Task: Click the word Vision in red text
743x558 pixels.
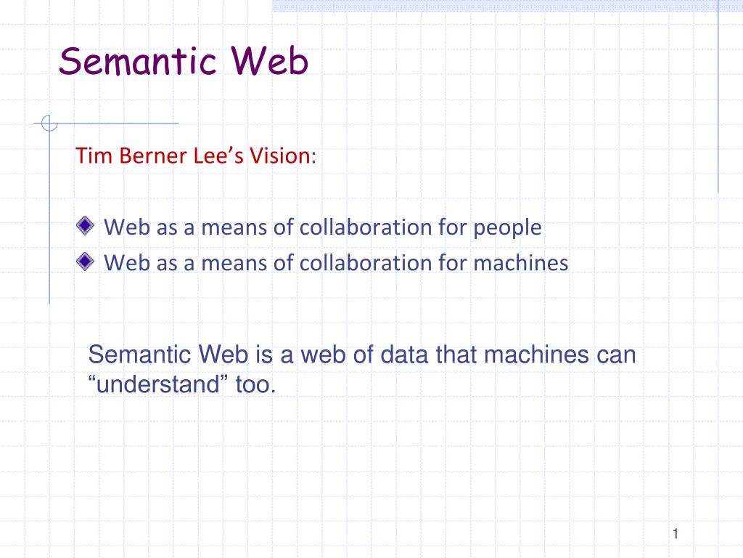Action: (280, 156)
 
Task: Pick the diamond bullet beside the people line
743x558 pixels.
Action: (86, 226)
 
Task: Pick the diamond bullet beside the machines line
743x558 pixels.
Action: (86, 261)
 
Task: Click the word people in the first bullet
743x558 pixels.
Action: (508, 228)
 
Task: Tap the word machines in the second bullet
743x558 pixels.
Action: (521, 262)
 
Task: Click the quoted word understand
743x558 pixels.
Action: (158, 384)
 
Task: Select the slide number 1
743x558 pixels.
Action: (675, 535)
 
